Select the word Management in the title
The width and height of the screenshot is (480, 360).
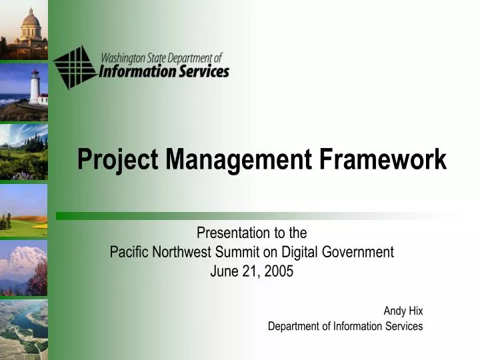pos(238,160)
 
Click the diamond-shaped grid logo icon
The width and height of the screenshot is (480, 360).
pos(75,67)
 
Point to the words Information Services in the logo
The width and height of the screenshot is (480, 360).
pos(164,71)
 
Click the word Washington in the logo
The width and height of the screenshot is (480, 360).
pos(125,57)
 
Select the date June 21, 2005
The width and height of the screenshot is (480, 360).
pos(251,271)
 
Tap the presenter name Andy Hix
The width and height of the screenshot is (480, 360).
pos(403,311)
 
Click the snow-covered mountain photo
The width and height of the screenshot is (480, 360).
pos(23,267)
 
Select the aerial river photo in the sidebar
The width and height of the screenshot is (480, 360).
pos(23,329)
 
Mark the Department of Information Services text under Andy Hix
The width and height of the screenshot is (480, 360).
pos(345,326)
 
